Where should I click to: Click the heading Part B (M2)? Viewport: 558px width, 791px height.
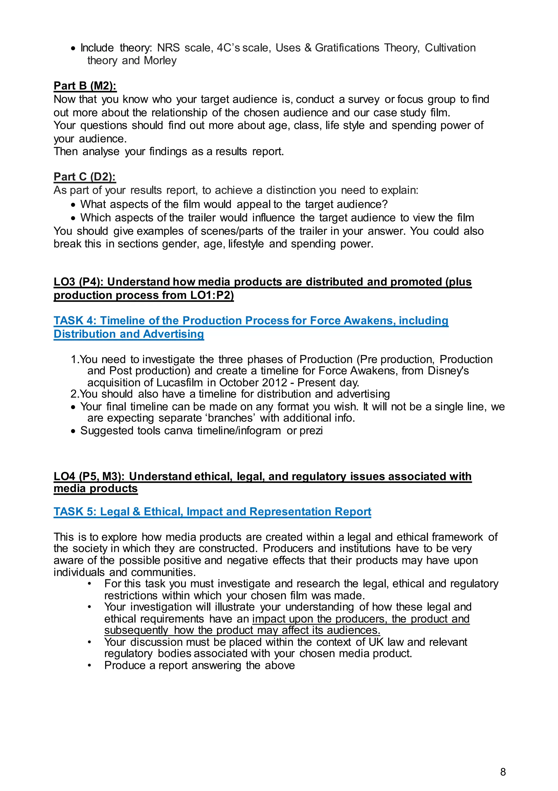pos(85,86)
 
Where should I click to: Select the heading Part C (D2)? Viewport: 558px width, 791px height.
pos(85,177)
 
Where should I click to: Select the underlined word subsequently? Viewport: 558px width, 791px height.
pos(136,630)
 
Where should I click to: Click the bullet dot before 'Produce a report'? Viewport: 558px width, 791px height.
pos(89,666)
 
